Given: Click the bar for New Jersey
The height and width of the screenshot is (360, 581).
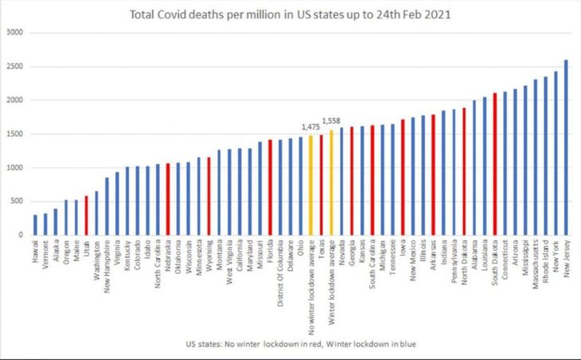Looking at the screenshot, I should tap(565, 147).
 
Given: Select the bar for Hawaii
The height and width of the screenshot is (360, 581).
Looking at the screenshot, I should tap(35, 225).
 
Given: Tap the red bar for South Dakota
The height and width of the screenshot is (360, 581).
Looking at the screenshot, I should tap(494, 164).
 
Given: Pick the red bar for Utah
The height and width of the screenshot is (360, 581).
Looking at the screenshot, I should tap(86, 215).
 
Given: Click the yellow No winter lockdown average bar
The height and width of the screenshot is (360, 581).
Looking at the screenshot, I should tap(311, 185).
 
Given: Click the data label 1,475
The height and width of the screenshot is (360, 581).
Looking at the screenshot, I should tap(310, 127).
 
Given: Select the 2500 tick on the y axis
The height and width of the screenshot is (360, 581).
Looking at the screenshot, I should tap(15, 66).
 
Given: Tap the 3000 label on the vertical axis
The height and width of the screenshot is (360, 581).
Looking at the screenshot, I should tap(15, 33).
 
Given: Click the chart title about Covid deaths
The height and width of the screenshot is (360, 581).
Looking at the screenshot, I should tap(289, 15).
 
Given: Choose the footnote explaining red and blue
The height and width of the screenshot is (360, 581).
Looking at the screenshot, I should tap(289, 343).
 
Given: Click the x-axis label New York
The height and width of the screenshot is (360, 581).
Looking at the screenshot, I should tap(556, 255).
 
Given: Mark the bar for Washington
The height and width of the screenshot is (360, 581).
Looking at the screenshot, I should tap(96, 213).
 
